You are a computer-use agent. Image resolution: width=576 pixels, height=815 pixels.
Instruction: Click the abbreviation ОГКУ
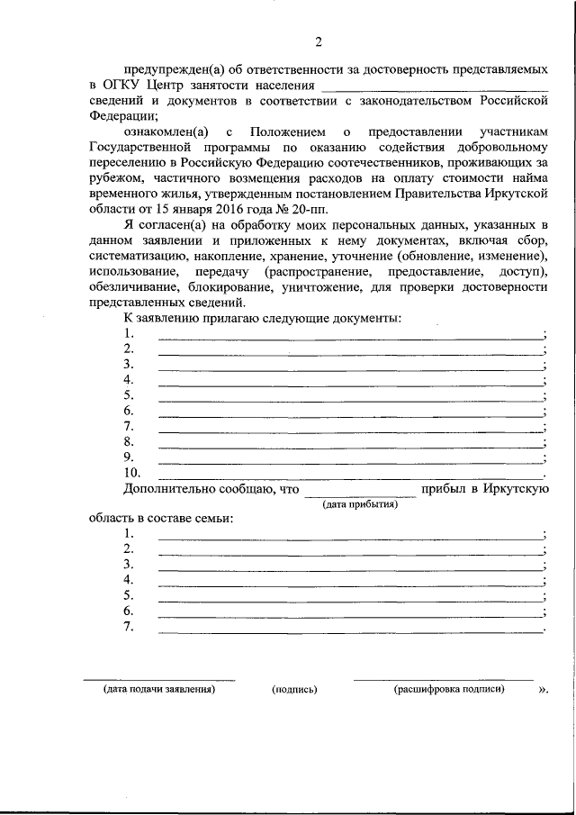[x=123, y=85]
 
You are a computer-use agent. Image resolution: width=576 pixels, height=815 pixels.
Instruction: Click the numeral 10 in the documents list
[x=131, y=472]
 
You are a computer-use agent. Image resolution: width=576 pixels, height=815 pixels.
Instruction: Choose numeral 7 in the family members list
[x=129, y=627]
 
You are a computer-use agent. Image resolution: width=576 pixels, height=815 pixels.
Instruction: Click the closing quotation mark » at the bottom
[x=542, y=690]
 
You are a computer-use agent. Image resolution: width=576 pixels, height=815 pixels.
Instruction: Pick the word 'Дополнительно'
[x=164, y=489]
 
